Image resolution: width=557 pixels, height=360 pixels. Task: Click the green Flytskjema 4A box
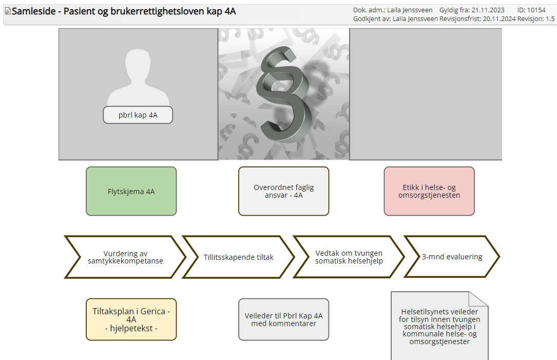pos(131,191)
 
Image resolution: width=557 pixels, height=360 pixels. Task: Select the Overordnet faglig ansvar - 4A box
pos(283,191)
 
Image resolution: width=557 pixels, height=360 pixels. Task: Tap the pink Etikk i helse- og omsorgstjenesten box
pos(429,191)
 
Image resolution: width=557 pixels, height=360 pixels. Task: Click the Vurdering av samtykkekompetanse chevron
pos(125,257)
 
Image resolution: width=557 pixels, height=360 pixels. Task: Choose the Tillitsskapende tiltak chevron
pos(238,257)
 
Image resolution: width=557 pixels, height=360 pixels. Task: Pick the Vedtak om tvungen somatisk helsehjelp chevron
pos(349,257)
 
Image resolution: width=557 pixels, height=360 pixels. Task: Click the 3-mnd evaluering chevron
pos(452,257)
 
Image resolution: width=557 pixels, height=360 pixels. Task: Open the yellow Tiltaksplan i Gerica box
pos(131,319)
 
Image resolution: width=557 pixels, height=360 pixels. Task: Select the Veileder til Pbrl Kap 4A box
pos(283,319)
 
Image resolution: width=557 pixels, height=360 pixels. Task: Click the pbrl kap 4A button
pos(138,115)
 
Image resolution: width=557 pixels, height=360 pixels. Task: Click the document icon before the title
pos(8,11)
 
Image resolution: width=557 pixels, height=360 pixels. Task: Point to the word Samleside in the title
pos(34,11)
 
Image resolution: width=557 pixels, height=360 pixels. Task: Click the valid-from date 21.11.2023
pos(488,10)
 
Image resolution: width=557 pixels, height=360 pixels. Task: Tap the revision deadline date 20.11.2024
pos(499,19)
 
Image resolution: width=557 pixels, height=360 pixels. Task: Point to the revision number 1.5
pos(550,19)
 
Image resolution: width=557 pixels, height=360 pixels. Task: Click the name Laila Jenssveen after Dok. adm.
pos(410,10)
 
